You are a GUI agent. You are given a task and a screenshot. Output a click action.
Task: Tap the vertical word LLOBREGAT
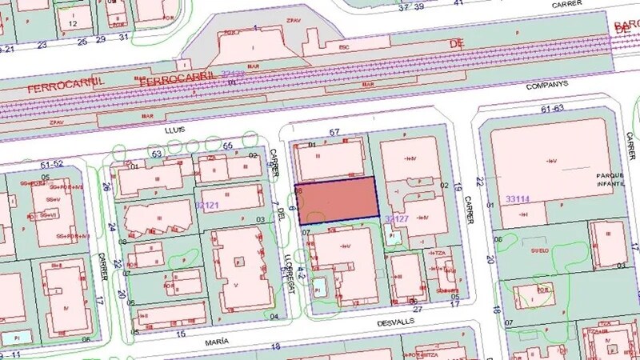(290, 253)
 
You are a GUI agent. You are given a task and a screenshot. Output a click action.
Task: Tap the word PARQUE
(610, 174)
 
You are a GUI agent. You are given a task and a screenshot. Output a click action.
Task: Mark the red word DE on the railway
(456, 42)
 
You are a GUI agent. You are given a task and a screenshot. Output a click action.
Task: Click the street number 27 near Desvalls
(417, 308)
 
